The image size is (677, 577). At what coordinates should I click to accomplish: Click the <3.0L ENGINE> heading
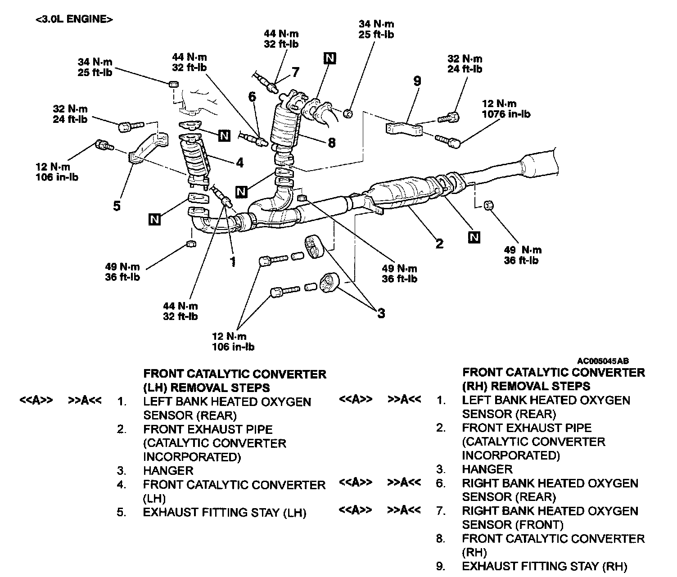[73, 19]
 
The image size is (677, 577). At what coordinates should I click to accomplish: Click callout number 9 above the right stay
[417, 81]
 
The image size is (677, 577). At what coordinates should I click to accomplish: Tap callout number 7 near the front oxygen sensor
[295, 72]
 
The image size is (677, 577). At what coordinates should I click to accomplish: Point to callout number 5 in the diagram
[117, 206]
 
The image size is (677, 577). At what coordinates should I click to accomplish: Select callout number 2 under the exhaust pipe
[439, 243]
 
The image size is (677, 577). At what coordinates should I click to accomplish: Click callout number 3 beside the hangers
[381, 313]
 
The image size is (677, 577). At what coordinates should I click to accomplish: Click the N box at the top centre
[329, 58]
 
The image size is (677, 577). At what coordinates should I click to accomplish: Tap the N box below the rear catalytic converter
[474, 237]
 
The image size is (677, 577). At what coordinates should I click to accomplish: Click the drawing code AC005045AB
[603, 361]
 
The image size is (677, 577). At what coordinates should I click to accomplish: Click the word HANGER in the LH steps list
[168, 471]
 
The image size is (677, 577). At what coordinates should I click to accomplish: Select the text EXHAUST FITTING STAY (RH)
[544, 566]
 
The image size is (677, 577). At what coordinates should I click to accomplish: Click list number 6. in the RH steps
[441, 483]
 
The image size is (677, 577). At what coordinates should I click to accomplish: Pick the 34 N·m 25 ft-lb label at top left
[95, 67]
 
